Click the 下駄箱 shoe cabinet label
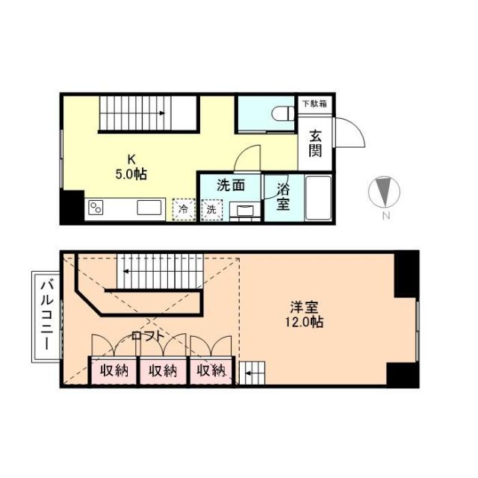pyautogui.click(x=314, y=104)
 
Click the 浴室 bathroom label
pyautogui.click(x=284, y=196)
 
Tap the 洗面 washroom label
pyautogui.click(x=230, y=184)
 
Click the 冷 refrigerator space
pyautogui.click(x=182, y=209)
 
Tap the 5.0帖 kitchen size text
pyautogui.click(x=131, y=174)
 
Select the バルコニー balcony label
pyautogui.click(x=44, y=317)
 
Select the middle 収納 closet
pyautogui.click(x=162, y=370)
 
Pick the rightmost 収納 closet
pyautogui.click(x=211, y=370)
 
